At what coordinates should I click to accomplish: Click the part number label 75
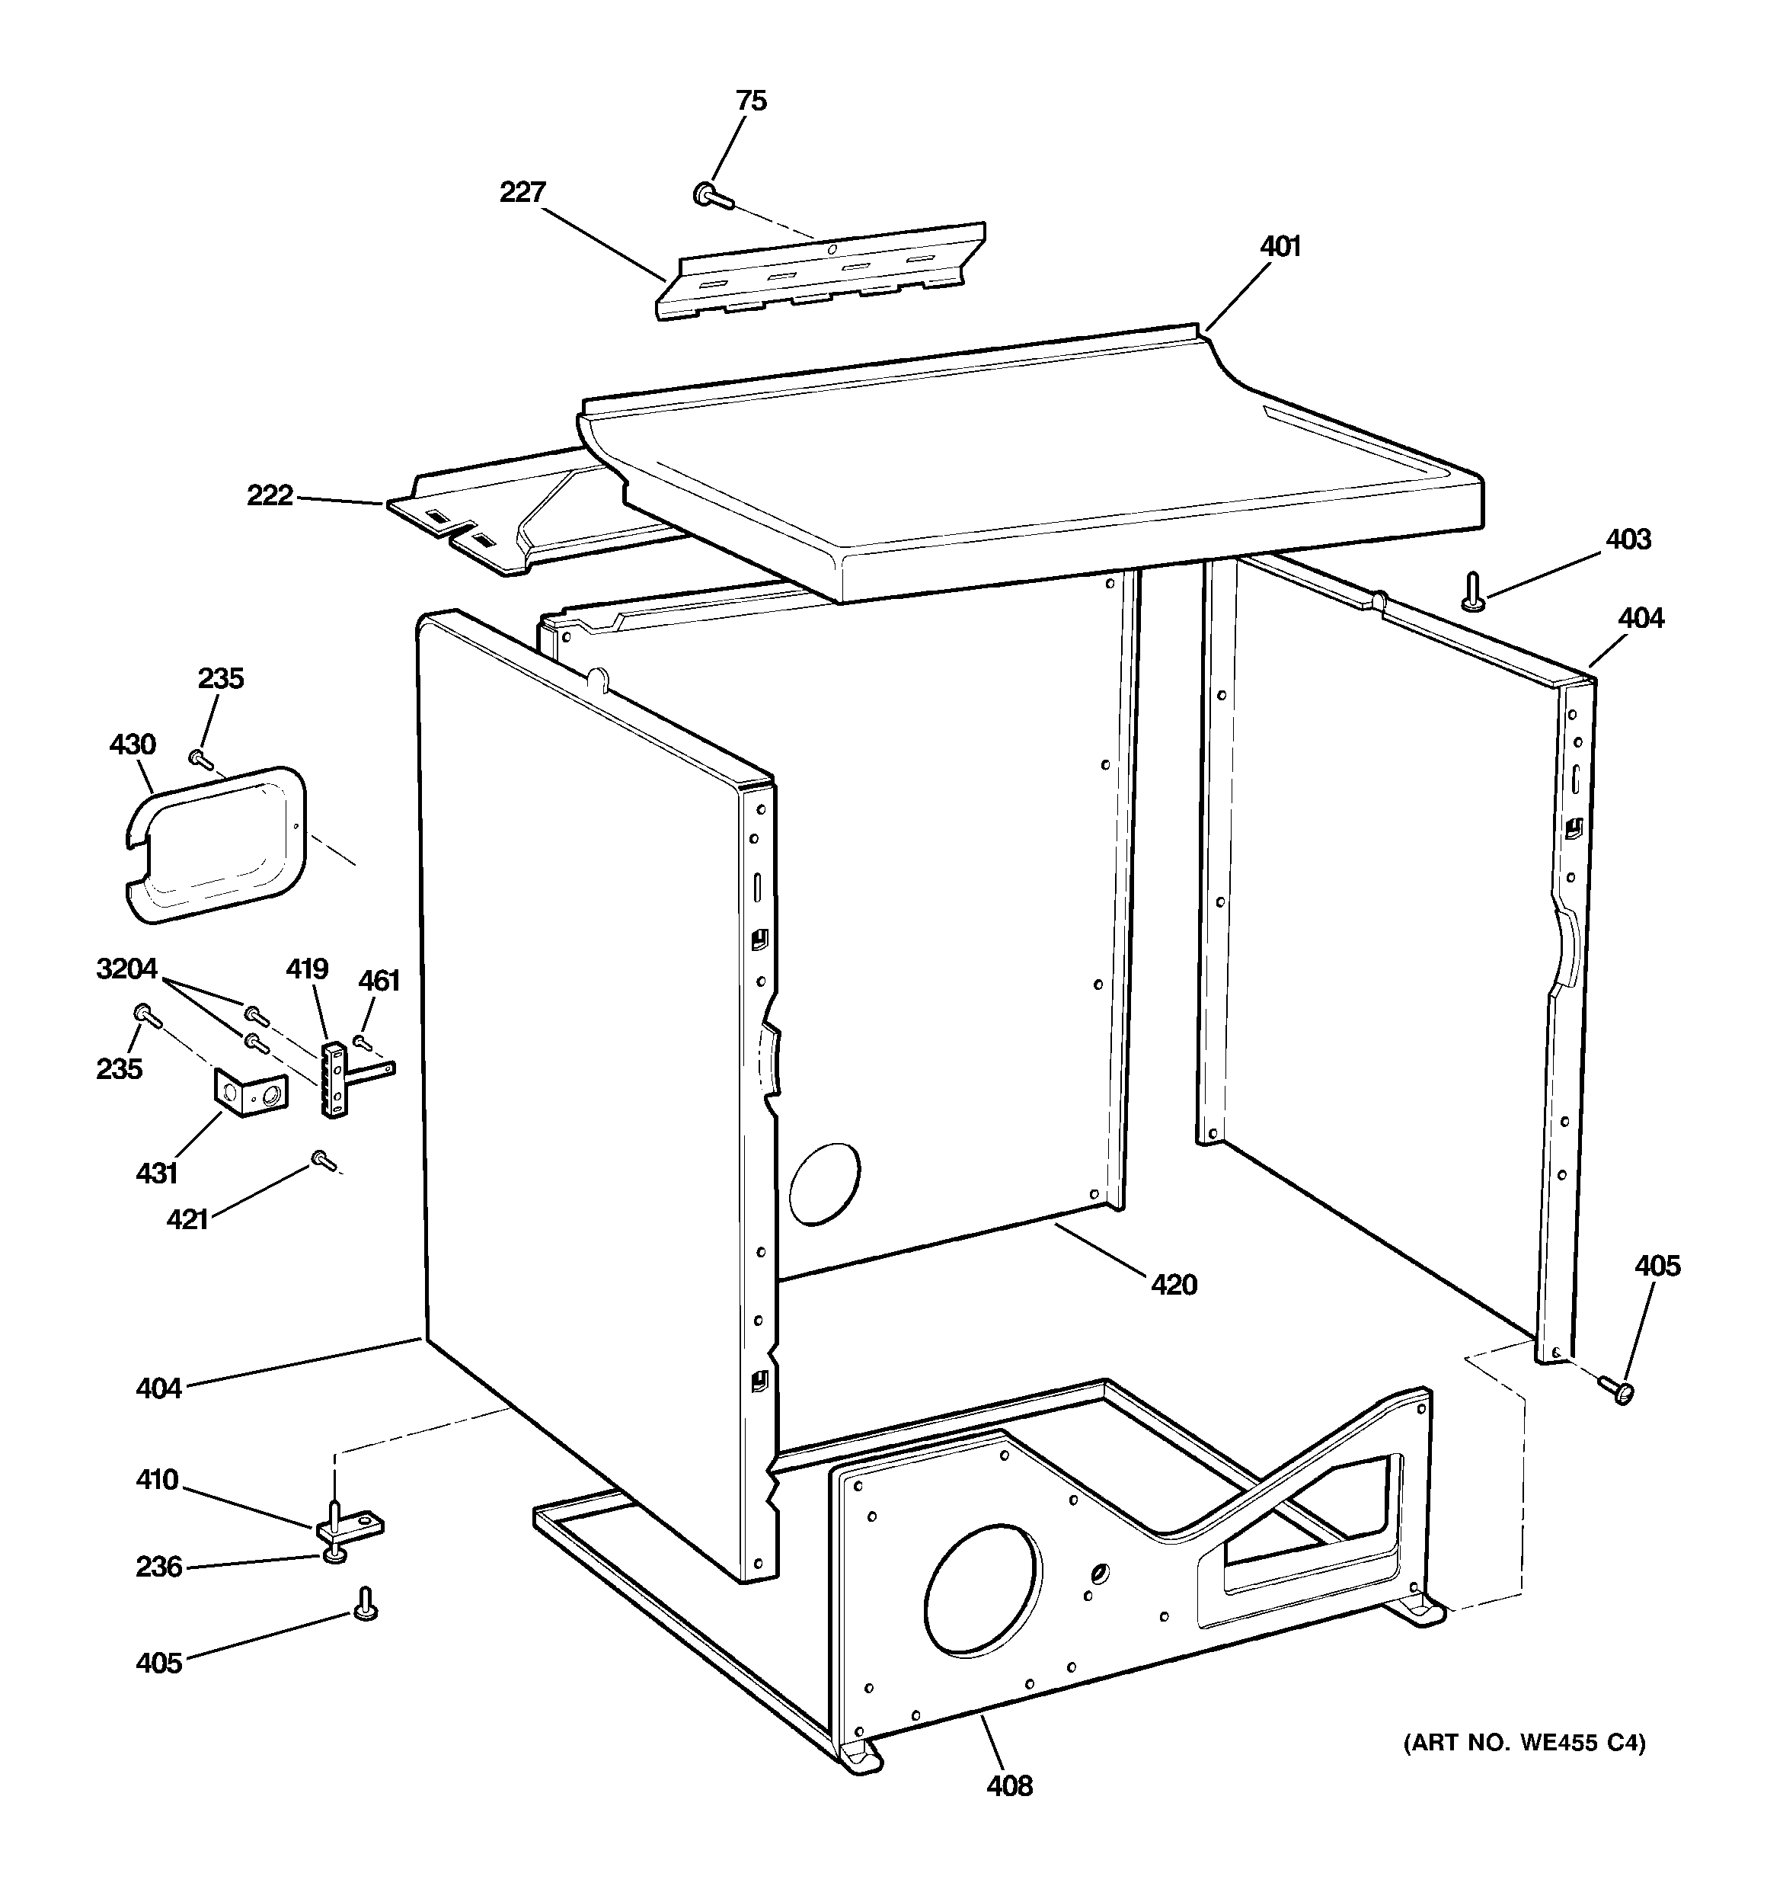coord(751,101)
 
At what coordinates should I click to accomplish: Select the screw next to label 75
coord(711,197)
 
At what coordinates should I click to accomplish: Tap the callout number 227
coord(522,193)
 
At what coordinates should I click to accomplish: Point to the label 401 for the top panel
coord(1280,247)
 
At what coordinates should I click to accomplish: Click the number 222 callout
coord(270,495)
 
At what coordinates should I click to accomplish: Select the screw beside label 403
coord(1473,592)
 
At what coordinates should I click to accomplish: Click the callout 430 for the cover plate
coord(133,744)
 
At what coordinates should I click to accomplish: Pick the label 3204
coord(126,969)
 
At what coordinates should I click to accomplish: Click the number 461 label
coord(379,981)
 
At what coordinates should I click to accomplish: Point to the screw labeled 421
coord(321,1159)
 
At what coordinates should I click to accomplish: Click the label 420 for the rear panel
coord(1173,1285)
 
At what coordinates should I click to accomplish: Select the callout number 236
coord(158,1566)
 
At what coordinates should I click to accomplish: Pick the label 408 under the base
coord(1009,1785)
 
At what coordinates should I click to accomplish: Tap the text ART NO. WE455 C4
coord(1524,1742)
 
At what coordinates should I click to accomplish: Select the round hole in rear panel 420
coord(824,1182)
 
